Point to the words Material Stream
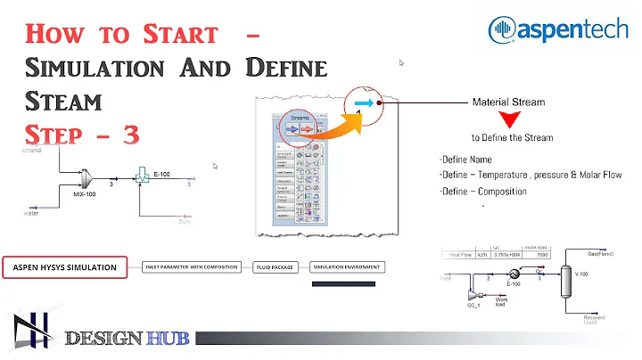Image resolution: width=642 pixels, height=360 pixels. click(x=508, y=102)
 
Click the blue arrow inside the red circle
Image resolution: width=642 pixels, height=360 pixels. click(x=362, y=102)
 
